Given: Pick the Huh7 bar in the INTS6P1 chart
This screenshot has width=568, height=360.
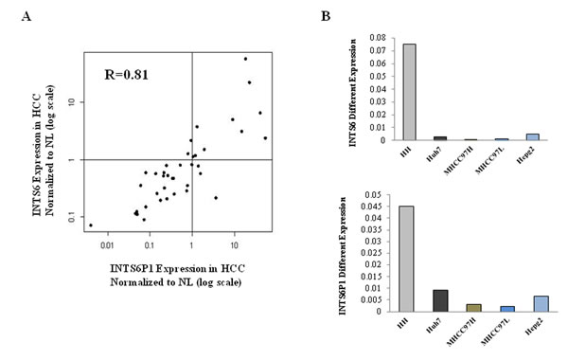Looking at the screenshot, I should click(439, 300).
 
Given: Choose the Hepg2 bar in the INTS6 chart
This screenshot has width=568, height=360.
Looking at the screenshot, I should click(534, 136).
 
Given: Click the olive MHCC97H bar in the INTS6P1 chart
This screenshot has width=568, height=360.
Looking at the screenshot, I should click(470, 307).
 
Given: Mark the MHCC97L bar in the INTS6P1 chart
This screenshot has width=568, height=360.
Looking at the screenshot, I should click(503, 308).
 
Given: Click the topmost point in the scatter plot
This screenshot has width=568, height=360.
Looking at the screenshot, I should click(245, 59).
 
